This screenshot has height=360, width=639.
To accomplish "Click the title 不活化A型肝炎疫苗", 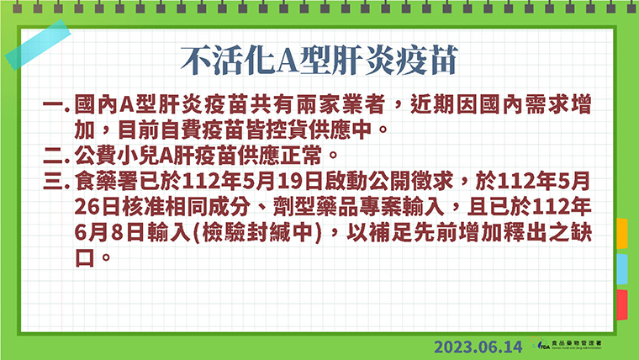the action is [x=319, y=61].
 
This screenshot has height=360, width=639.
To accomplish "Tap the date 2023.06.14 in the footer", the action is [x=478, y=347].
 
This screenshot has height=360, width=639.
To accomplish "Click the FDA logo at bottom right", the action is [x=566, y=344].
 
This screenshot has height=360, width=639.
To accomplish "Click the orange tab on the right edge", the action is [x=622, y=234].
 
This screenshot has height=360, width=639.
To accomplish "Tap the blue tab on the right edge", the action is [x=622, y=269].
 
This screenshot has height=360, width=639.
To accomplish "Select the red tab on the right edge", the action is [x=622, y=304].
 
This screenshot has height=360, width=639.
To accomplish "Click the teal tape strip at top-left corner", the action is [x=38, y=45].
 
